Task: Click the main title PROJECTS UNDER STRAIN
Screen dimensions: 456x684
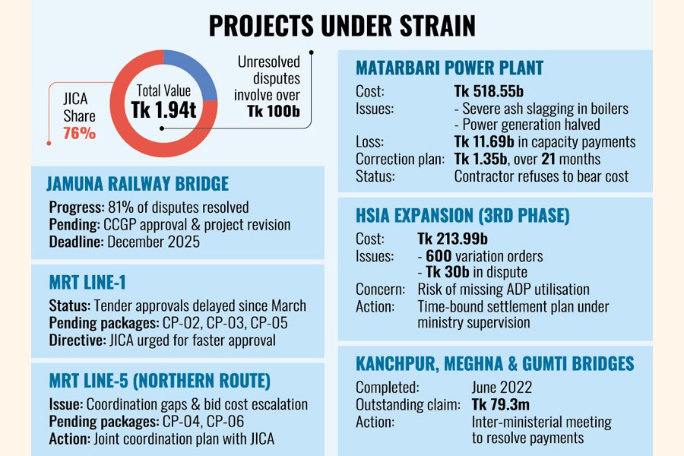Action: (x=342, y=26)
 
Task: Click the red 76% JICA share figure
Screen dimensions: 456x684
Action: (x=80, y=134)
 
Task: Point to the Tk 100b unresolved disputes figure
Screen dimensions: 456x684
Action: (x=274, y=111)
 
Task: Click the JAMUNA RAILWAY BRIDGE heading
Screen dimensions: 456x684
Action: (x=138, y=184)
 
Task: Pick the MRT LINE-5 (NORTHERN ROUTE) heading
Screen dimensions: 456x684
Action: (x=159, y=381)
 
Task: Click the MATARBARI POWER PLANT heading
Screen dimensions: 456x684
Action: (x=450, y=68)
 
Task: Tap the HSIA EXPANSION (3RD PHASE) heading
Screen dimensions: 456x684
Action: (x=463, y=215)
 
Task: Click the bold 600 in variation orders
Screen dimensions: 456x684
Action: (x=437, y=256)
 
